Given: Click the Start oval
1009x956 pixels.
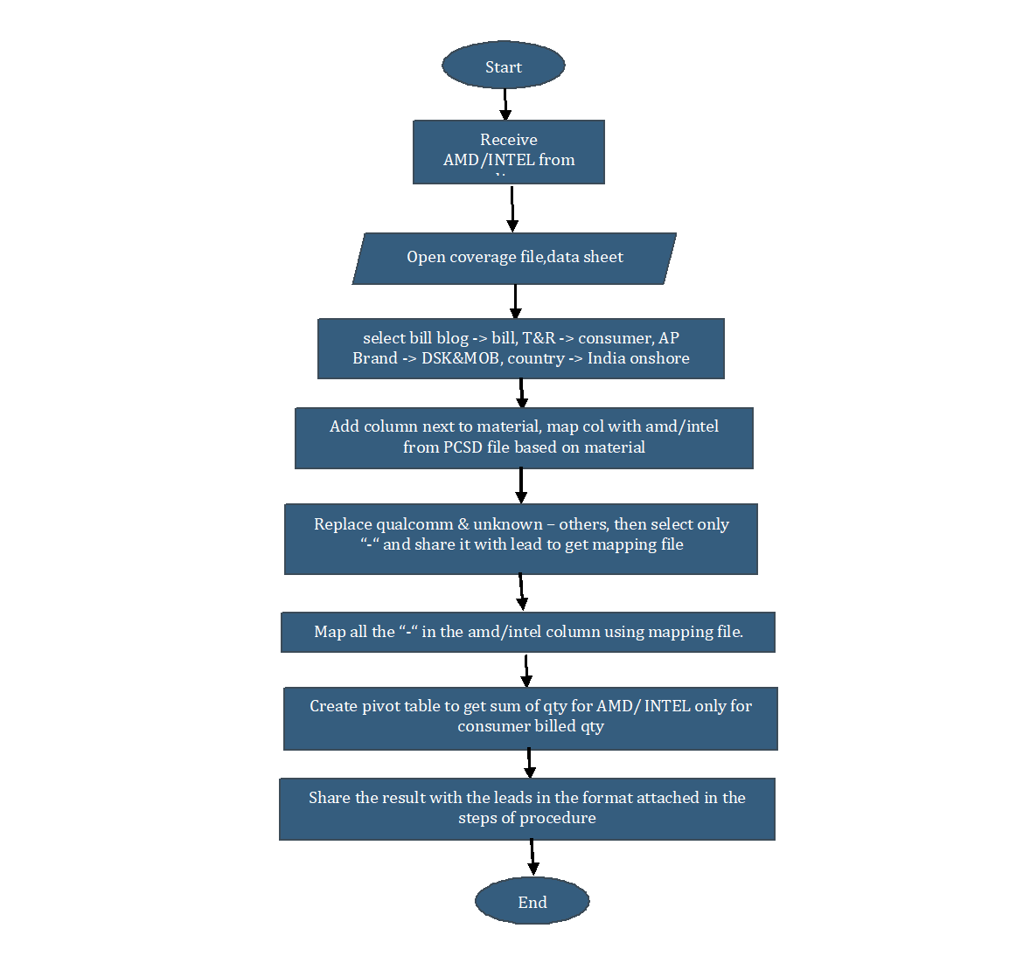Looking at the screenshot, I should tap(504, 66).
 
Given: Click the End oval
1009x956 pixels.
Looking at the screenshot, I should tap(532, 901).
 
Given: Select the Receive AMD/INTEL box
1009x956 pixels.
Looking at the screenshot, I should tap(509, 151).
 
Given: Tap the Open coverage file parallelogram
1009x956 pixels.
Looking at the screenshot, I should tap(514, 258).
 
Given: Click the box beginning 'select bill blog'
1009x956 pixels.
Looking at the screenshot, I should tap(520, 348).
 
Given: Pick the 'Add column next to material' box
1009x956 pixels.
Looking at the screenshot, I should tap(524, 437).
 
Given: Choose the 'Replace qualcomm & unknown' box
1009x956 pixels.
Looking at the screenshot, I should tap(521, 538).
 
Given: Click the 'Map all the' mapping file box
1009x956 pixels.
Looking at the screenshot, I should tap(527, 632).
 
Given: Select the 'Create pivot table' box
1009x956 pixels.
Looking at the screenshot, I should tap(530, 718).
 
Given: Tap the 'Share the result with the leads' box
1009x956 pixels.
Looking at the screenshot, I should tap(527, 808).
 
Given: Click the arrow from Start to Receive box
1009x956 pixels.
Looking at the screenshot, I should tap(505, 104).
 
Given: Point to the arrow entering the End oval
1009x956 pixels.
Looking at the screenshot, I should tap(532, 857).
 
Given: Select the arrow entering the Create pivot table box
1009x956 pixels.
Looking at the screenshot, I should tap(526, 669).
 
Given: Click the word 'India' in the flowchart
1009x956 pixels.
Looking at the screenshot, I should tap(607, 358).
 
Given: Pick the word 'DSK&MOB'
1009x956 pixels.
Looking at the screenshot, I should tap(460, 358).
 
